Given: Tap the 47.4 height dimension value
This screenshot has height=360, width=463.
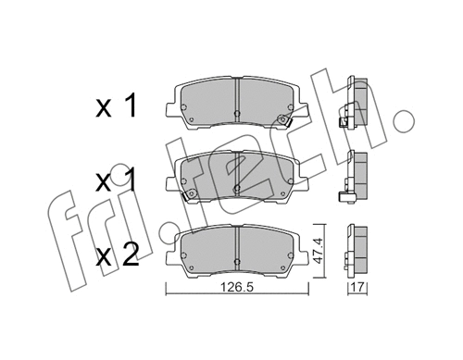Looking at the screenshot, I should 320,251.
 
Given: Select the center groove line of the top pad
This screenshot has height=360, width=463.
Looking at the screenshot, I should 237,97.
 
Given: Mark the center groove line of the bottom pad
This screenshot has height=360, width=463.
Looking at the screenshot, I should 237,245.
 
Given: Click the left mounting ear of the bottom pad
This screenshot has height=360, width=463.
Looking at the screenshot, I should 175,244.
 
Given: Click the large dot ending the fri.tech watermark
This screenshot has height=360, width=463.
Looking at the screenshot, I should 404,120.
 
